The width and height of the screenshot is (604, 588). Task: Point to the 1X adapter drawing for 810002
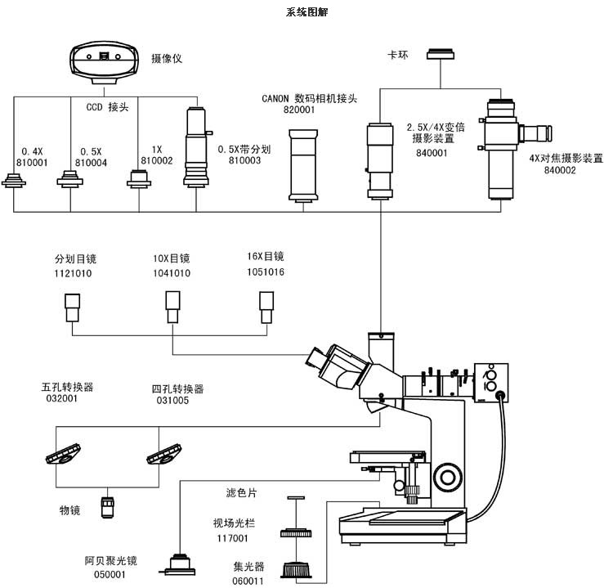[x=138, y=179]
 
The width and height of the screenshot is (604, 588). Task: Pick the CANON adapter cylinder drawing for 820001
[x=304, y=167]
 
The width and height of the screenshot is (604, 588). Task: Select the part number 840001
[x=432, y=153]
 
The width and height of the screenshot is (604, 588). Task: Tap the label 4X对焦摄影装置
[x=565, y=159]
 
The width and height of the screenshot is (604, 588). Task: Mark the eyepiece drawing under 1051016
[x=266, y=307]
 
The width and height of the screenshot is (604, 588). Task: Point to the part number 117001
[x=230, y=538]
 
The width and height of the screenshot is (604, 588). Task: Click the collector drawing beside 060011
[x=297, y=569]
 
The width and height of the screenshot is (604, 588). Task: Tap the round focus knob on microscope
[x=448, y=475]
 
